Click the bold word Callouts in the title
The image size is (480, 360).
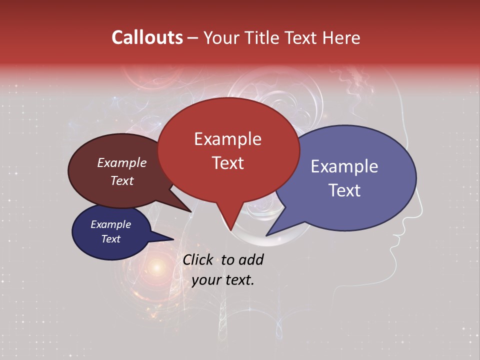click(147, 37)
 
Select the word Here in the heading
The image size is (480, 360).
click(340, 37)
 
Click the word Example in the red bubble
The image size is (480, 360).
click(227, 139)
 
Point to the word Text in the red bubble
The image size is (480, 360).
click(227, 163)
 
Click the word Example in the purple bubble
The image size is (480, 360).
click(344, 166)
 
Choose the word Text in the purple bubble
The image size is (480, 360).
click(345, 190)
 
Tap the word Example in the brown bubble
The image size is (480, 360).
click(121, 163)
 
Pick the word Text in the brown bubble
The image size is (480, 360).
click(121, 181)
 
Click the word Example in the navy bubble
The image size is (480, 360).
click(110, 224)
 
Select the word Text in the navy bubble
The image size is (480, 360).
click(110, 239)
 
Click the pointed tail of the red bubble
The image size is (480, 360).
click(230, 228)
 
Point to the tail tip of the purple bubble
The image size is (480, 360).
click(267, 234)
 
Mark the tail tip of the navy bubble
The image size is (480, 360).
click(172, 239)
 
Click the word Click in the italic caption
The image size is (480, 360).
click(197, 259)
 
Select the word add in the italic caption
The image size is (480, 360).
click(251, 259)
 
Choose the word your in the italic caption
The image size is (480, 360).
click(205, 280)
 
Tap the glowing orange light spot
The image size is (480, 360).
click(157, 267)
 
